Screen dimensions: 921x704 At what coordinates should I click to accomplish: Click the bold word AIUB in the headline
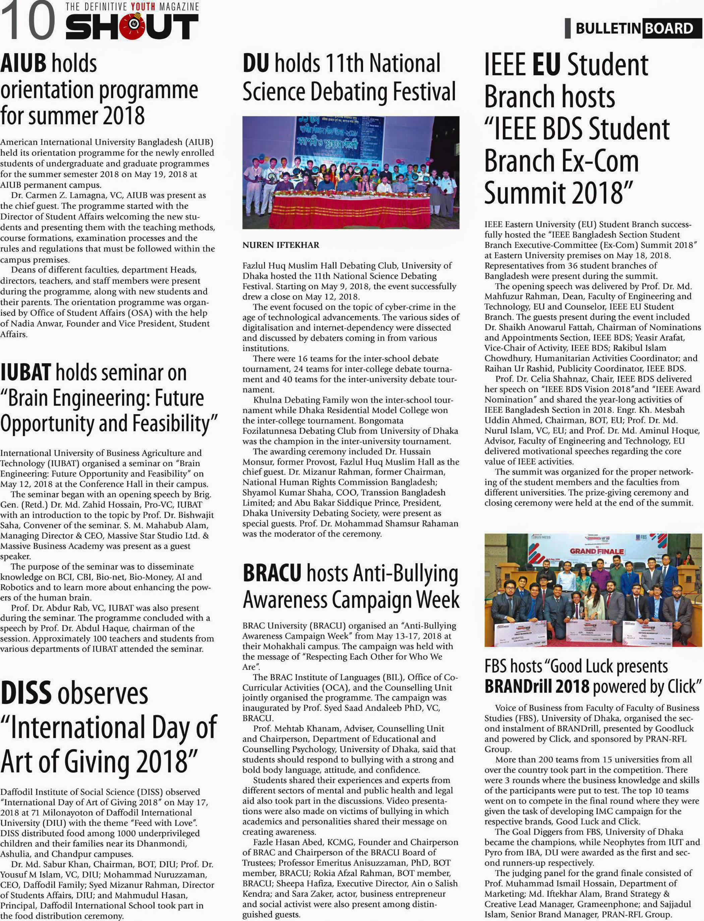(23, 64)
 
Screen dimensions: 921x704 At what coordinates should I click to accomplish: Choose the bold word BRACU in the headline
(272, 573)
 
